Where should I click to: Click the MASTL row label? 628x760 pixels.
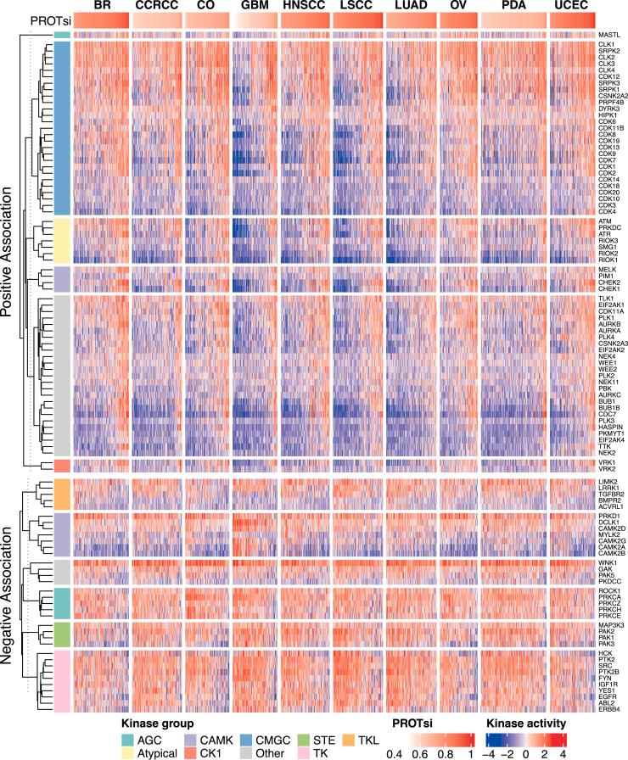tap(609, 35)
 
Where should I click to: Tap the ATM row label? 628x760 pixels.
tap(606, 221)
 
